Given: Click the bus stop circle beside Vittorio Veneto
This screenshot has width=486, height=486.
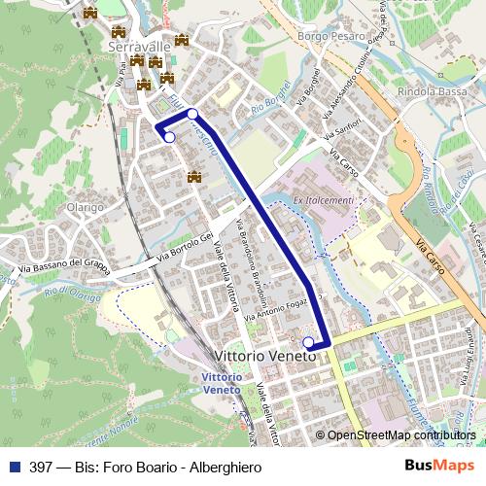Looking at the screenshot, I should pyautogui.click(x=308, y=342).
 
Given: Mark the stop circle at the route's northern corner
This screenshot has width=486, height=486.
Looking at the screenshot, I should pyautogui.click(x=192, y=114).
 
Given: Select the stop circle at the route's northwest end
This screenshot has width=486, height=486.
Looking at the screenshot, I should pyautogui.click(x=169, y=137).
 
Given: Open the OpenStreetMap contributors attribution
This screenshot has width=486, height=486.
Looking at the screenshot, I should pyautogui.click(x=400, y=435).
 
